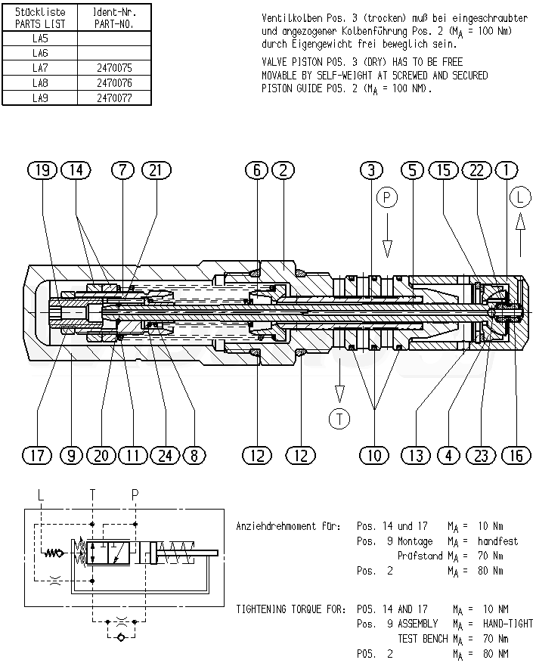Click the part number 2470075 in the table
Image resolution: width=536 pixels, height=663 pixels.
114,68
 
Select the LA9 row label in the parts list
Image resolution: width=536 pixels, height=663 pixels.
40,98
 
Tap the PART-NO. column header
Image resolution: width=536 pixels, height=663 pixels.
114,24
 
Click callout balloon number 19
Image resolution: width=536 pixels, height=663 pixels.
42,170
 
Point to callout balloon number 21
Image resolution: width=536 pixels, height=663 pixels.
156,170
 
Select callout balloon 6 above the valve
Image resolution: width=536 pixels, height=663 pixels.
257,170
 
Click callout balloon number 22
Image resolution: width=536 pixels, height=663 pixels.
477,170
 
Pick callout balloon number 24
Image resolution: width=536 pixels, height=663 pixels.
166,455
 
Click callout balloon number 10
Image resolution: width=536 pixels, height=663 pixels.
374,455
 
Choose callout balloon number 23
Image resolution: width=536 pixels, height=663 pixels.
482,455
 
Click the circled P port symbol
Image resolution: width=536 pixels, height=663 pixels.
387,197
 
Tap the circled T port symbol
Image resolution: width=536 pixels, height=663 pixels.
339,419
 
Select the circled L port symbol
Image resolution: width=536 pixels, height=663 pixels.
520,197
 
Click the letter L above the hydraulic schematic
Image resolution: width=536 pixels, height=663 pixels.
41,494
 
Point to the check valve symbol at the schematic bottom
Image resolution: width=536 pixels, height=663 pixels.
121,637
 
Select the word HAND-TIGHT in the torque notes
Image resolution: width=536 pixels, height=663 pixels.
508,624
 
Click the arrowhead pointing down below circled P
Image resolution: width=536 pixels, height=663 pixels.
387,249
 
